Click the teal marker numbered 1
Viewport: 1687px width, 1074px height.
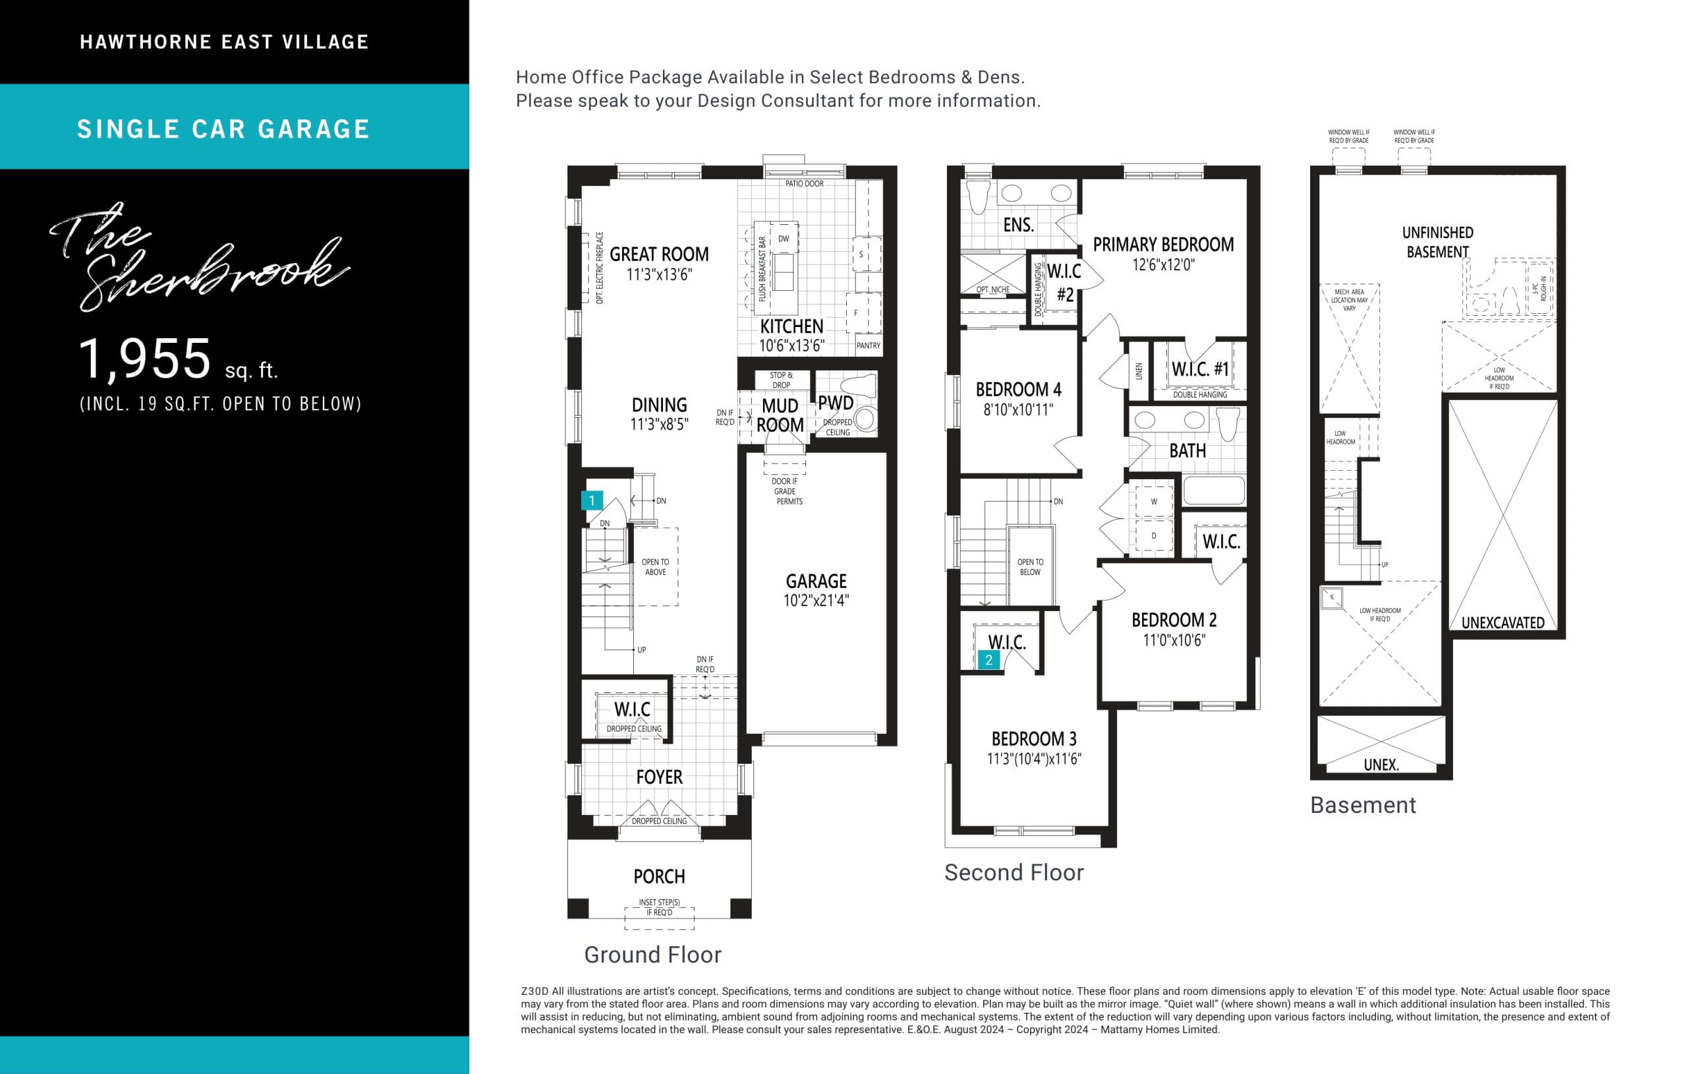pyautogui.click(x=592, y=500)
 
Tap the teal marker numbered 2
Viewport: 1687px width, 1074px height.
pyautogui.click(x=988, y=659)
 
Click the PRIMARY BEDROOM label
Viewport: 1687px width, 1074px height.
pyautogui.click(x=1163, y=245)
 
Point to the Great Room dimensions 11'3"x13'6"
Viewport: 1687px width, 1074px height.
pyautogui.click(x=658, y=274)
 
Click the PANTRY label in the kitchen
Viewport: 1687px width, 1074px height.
pyautogui.click(x=868, y=345)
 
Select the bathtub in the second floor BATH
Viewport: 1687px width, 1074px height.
pyautogui.click(x=1213, y=491)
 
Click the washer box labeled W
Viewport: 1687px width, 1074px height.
pyautogui.click(x=1154, y=501)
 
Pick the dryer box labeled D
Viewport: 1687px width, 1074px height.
pyautogui.click(x=1154, y=535)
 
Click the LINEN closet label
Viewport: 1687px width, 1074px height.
pyautogui.click(x=1139, y=371)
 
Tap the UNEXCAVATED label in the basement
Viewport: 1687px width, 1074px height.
pyautogui.click(x=1502, y=622)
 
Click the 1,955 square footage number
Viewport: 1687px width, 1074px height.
pyautogui.click(x=144, y=358)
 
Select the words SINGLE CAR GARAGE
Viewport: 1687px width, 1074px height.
pyautogui.click(x=223, y=129)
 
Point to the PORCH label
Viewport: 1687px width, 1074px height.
pyautogui.click(x=658, y=876)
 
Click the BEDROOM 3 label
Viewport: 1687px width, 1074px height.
pyautogui.click(x=1033, y=739)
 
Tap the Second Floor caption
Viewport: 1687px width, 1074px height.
pyautogui.click(x=1014, y=873)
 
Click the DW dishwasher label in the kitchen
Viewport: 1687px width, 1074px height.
pyautogui.click(x=784, y=239)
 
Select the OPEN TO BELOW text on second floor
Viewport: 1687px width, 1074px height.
pyautogui.click(x=1030, y=566)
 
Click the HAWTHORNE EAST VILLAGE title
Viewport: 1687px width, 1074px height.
pyautogui.click(x=224, y=42)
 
